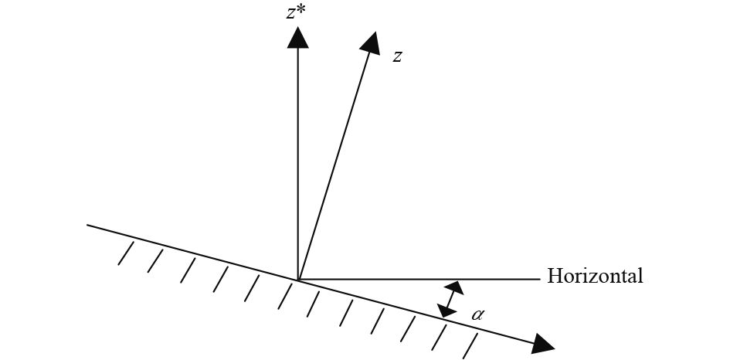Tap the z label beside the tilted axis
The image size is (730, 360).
point(396,57)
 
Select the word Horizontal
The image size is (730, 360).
point(595,277)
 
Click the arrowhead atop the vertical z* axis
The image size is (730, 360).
point(297,37)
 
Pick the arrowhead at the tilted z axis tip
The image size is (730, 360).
point(371,43)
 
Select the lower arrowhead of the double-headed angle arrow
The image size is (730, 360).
point(445,310)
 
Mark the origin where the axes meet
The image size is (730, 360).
point(297,279)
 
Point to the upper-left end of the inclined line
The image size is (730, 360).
point(88,226)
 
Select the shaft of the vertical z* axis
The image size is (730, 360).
point(297,155)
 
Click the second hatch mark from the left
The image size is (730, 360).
point(154,261)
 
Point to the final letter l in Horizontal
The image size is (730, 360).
point(640,276)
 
